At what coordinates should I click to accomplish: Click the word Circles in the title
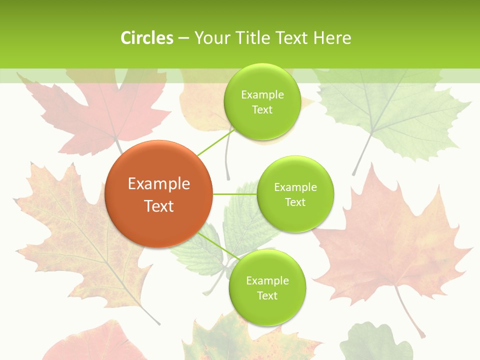pyautogui.click(x=147, y=38)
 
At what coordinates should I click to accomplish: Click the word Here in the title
pyautogui.click(x=332, y=38)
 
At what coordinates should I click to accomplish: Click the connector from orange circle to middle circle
pyautogui.click(x=234, y=194)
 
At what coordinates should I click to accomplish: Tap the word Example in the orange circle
pyautogui.click(x=159, y=184)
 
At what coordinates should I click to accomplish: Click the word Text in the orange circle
pyautogui.click(x=159, y=206)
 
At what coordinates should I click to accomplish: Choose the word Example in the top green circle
pyautogui.click(x=262, y=95)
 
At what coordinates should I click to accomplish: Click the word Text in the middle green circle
pyautogui.click(x=295, y=202)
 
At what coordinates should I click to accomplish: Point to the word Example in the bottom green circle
pyautogui.click(x=267, y=281)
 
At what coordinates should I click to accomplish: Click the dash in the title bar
pyautogui.click(x=183, y=38)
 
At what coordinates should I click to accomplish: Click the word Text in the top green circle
pyautogui.click(x=262, y=110)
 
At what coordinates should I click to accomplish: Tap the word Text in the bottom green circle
pyautogui.click(x=267, y=296)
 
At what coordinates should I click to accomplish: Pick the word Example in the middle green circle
pyautogui.click(x=295, y=187)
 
